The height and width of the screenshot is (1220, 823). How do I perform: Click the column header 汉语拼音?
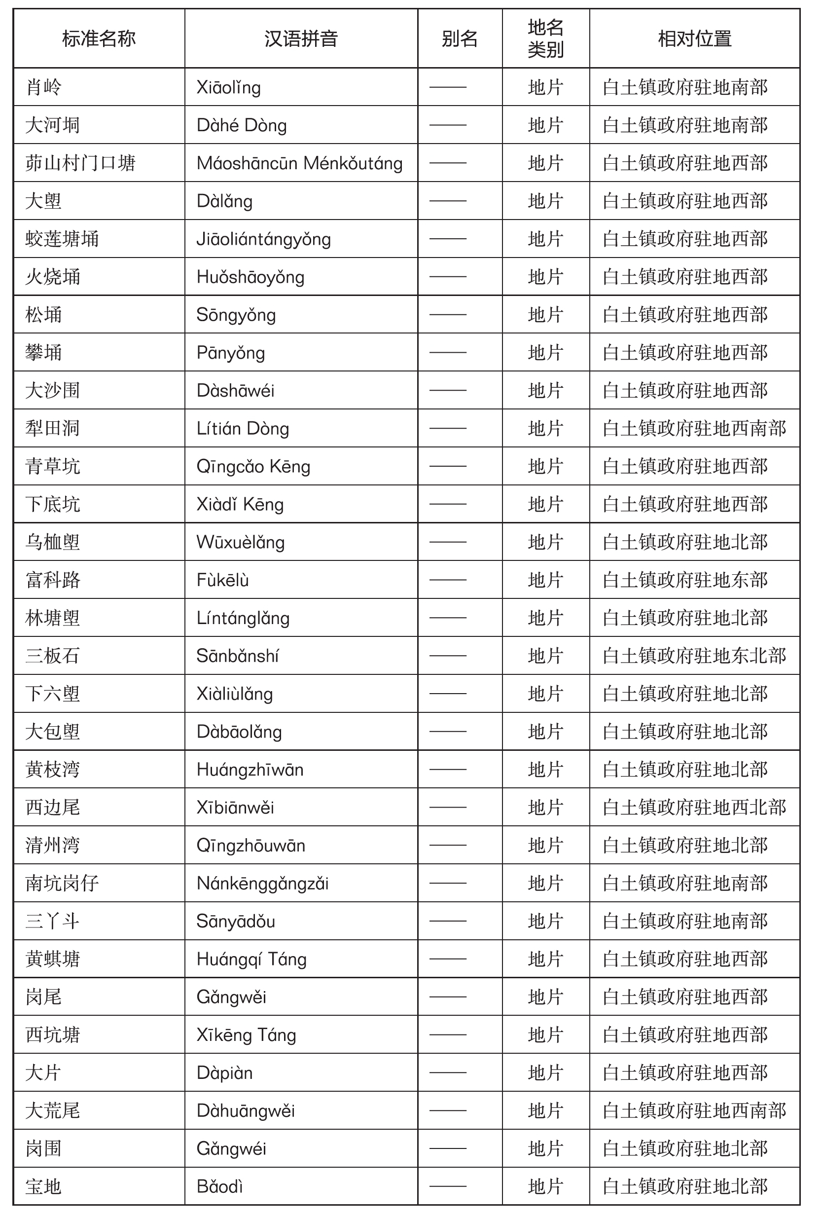pos(301,39)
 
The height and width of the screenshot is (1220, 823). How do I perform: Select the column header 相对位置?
pos(694,39)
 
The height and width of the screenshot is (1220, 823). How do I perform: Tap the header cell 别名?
pos(459,39)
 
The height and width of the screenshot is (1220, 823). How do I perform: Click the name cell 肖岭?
pos(44,87)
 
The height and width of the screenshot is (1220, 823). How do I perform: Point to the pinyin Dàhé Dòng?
pos(242,125)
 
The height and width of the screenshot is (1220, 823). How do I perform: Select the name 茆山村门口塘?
pos(80,163)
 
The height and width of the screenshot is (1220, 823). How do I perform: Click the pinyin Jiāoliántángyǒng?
pos(263,239)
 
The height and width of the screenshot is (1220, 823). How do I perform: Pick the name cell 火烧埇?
pos(53,277)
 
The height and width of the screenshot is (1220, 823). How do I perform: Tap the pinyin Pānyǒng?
pos(230,353)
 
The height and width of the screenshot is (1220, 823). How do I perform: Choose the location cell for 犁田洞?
pos(694,428)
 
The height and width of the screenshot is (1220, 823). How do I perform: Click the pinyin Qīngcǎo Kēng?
pos(253,467)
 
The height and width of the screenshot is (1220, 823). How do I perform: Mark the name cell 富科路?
pos(53,580)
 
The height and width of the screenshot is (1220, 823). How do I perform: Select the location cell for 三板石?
pos(694,656)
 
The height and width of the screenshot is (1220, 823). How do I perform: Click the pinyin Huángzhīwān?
pos(250,770)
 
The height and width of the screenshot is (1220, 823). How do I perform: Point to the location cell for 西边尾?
pos(694,808)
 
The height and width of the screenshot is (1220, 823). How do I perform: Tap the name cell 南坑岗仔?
pos(62,884)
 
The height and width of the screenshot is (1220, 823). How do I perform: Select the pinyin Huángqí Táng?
pos(251,959)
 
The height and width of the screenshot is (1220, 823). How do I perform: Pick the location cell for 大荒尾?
pos(694,1111)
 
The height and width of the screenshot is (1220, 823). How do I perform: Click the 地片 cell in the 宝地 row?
pos(545,1187)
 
